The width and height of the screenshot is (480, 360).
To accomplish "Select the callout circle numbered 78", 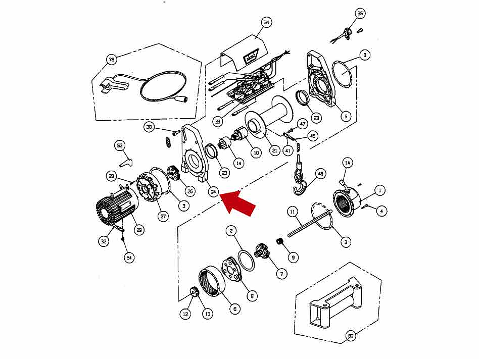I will coord(111,60).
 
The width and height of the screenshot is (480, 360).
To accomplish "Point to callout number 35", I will coord(359,14).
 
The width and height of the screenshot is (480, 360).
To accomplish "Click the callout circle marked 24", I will coord(214,191).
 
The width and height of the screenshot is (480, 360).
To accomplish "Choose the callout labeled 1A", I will coord(347,163).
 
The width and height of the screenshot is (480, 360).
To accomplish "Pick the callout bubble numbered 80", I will coord(350,335).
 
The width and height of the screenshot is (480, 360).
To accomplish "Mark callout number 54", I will coord(129,258).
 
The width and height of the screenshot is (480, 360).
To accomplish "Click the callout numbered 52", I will coord(120,145).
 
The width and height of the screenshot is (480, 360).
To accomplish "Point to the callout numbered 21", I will coord(275,150).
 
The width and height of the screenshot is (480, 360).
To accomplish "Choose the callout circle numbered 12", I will coord(185,314).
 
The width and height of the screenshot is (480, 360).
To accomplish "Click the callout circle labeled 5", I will coord(346,116).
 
